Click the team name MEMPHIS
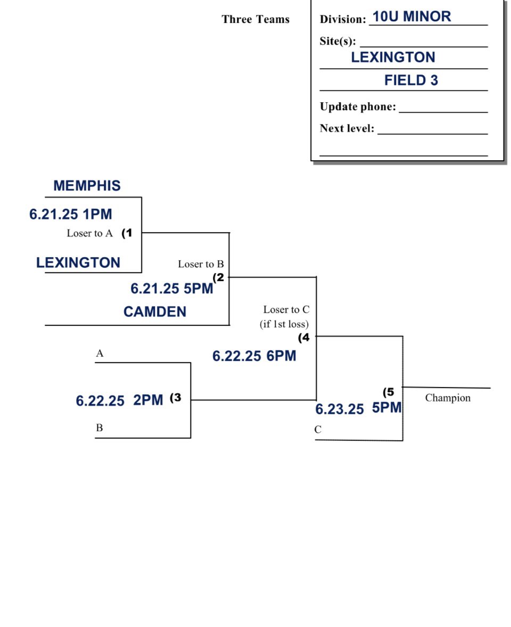(x=87, y=186)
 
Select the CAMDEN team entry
(x=154, y=311)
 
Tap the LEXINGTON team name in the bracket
(x=78, y=262)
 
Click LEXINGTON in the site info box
(x=393, y=57)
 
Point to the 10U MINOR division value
(x=411, y=16)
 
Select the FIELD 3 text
(x=411, y=80)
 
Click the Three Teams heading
(x=256, y=20)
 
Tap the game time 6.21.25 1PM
(x=71, y=214)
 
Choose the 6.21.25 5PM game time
(x=171, y=288)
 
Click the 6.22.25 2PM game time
(x=119, y=400)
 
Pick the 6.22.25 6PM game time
(x=254, y=356)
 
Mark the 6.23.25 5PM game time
(x=358, y=409)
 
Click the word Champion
(x=448, y=398)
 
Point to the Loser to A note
(x=89, y=233)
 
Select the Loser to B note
(x=201, y=264)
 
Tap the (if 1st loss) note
(x=284, y=324)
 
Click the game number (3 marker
(x=176, y=398)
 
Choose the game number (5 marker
(x=389, y=392)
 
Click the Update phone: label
(x=358, y=106)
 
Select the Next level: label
(x=347, y=128)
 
